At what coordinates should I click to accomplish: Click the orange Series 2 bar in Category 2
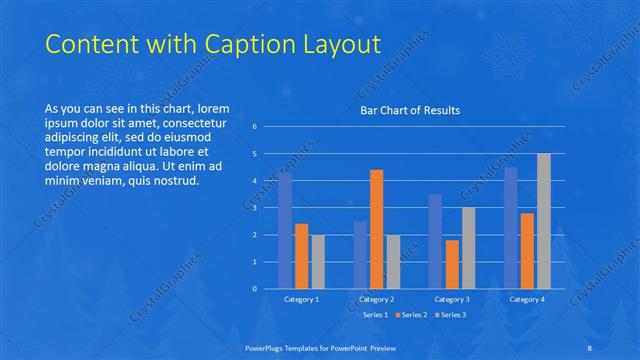point(376,229)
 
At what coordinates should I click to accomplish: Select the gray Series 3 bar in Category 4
point(543,221)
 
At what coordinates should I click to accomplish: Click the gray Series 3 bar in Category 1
point(317,262)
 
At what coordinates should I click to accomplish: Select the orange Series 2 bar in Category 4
point(527,251)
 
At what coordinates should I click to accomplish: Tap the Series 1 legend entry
point(374,315)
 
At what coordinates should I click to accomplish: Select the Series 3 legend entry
point(449,315)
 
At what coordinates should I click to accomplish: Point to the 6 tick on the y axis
point(255,127)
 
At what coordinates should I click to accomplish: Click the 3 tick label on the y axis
point(255,208)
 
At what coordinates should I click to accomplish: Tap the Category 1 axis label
point(301,299)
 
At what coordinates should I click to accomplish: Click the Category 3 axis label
point(452,299)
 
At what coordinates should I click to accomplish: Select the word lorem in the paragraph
point(214,108)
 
